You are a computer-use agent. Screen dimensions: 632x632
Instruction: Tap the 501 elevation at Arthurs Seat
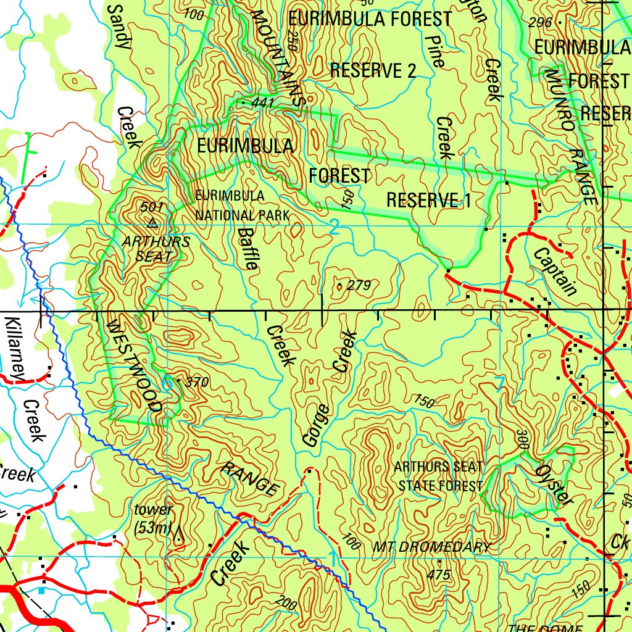click(x=151, y=207)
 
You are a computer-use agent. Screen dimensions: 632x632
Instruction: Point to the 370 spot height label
click(x=196, y=383)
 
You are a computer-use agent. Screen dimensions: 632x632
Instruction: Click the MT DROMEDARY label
click(x=432, y=547)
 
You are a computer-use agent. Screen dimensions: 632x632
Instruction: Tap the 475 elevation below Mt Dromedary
click(x=438, y=575)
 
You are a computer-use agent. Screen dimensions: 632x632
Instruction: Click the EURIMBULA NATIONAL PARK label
click(x=241, y=206)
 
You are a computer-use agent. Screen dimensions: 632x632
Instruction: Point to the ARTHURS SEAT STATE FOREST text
click(x=439, y=476)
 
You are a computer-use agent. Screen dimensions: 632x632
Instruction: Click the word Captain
click(x=556, y=272)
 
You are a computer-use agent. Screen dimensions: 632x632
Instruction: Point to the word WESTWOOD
click(x=135, y=366)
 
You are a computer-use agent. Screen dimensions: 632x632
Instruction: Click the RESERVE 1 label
click(x=428, y=200)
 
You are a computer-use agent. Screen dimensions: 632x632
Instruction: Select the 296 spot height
click(x=541, y=23)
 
